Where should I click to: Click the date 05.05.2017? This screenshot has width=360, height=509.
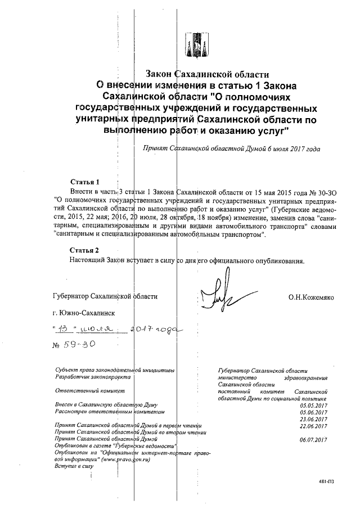click(x=314, y=405)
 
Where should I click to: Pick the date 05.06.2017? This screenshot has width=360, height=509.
click(x=314, y=412)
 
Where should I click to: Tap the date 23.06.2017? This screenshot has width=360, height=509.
click(x=314, y=418)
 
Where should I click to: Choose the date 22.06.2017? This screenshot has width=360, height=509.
click(x=314, y=425)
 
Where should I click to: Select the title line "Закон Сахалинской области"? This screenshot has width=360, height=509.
click(x=208, y=74)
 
